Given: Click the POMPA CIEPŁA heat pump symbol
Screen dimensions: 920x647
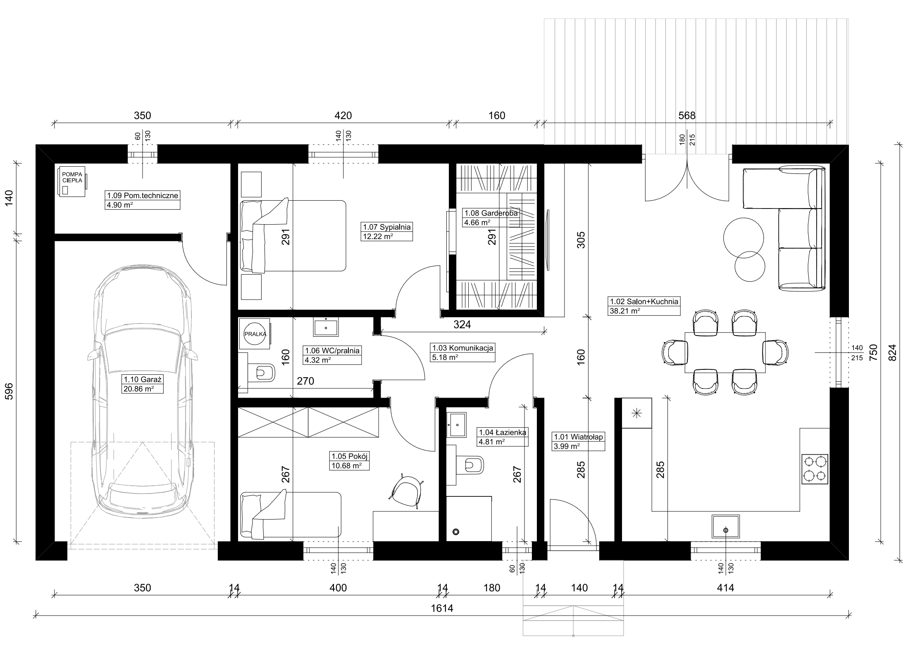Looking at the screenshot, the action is click(x=72, y=181).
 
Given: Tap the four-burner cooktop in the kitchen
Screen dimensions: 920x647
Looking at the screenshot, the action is click(x=815, y=469).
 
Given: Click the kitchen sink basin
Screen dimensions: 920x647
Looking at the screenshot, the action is click(x=726, y=526).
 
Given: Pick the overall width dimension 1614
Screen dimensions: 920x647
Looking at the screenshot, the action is click(x=442, y=608).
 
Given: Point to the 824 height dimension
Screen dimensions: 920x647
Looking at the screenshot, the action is click(x=893, y=352).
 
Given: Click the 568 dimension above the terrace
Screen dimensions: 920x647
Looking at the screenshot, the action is click(x=687, y=115).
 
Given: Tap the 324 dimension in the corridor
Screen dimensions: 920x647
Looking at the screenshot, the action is click(x=462, y=325).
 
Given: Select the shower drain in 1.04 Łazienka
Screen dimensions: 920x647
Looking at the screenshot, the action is click(x=456, y=532).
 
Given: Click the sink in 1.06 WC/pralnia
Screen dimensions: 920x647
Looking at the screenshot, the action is click(x=326, y=327).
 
